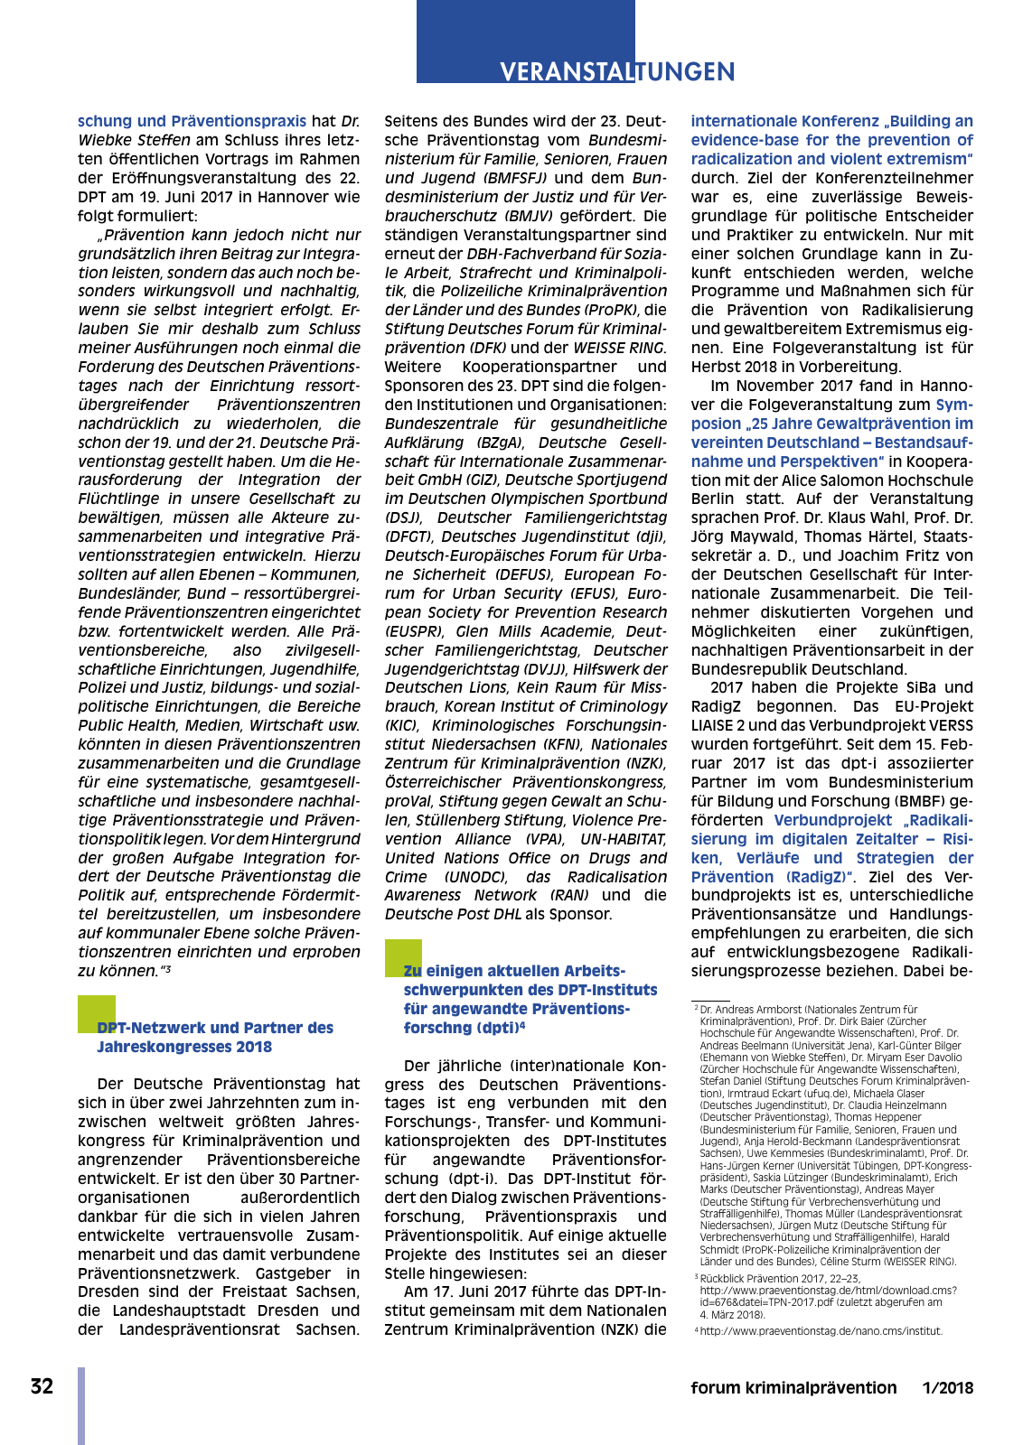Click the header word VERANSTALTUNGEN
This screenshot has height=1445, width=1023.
pos(617,72)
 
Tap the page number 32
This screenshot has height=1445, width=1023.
pos(42,1386)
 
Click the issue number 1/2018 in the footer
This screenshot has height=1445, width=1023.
pos(947,1388)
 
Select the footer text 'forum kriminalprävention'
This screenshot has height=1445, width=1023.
pos(793,1388)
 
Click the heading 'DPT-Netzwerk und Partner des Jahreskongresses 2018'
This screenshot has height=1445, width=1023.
pos(215,1037)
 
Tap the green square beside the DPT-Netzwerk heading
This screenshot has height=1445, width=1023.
pos(97,1013)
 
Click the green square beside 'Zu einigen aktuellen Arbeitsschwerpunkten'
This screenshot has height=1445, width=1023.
pos(403,957)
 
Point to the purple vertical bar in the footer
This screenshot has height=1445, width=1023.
pos(81,1405)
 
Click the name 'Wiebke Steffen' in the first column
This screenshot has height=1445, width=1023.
pos(135,140)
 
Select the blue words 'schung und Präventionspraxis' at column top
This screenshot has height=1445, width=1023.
pos(192,121)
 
